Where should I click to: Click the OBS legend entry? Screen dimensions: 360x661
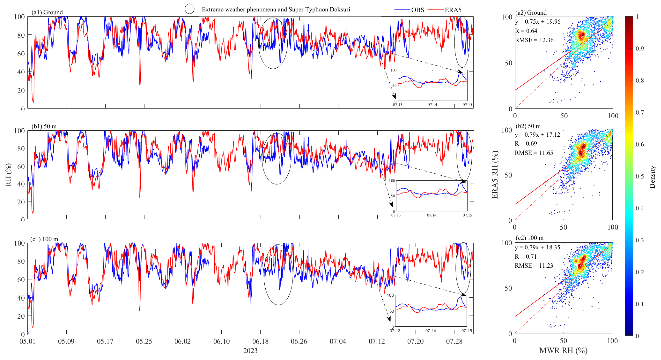click(417, 10)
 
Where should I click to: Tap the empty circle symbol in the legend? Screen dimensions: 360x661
click(189, 9)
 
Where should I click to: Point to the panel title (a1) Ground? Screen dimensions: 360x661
click(47, 12)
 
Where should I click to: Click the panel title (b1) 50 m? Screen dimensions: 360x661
click(44, 126)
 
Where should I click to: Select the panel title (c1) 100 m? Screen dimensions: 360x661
click(44, 239)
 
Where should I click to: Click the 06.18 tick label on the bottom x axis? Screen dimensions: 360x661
click(260, 341)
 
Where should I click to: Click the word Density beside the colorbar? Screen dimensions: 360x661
click(652, 177)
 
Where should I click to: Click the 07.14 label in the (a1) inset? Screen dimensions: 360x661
click(432, 105)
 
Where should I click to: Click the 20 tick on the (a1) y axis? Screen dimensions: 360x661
click(21, 90)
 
